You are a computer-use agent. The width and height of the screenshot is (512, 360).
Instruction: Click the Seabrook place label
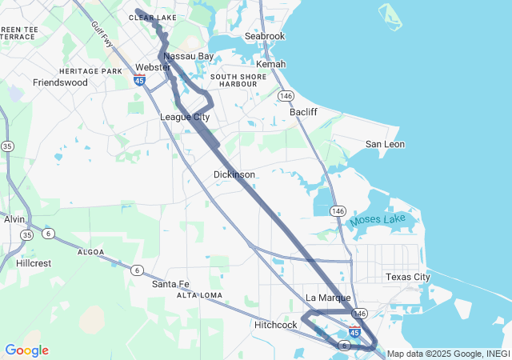coord(264,37)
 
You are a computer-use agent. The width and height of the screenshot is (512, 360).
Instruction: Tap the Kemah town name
coord(270,64)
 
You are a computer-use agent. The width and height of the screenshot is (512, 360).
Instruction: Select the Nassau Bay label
coord(189,57)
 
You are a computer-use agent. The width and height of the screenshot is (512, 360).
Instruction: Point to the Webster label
coord(153,67)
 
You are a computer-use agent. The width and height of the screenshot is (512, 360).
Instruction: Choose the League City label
coord(185,117)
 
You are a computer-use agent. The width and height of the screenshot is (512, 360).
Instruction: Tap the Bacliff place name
coord(303,112)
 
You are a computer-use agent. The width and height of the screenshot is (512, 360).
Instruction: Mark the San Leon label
coord(385,144)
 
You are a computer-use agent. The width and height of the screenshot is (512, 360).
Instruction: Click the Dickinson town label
coord(234,174)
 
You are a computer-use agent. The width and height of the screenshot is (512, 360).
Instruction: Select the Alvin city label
coord(14,219)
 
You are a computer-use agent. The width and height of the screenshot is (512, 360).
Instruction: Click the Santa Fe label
coord(170,284)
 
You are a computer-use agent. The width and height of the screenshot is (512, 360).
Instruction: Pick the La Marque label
coord(328,298)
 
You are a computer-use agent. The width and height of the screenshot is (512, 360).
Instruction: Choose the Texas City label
coord(407,277)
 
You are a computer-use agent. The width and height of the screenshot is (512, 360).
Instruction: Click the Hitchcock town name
coord(276,325)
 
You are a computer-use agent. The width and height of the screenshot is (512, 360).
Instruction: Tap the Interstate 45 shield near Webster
coord(140,81)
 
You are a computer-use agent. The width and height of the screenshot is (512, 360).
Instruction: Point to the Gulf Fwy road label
coord(102,35)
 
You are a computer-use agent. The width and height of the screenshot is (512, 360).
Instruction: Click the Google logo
coord(26,350)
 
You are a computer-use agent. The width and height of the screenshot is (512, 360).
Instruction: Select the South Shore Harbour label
coord(233,80)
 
